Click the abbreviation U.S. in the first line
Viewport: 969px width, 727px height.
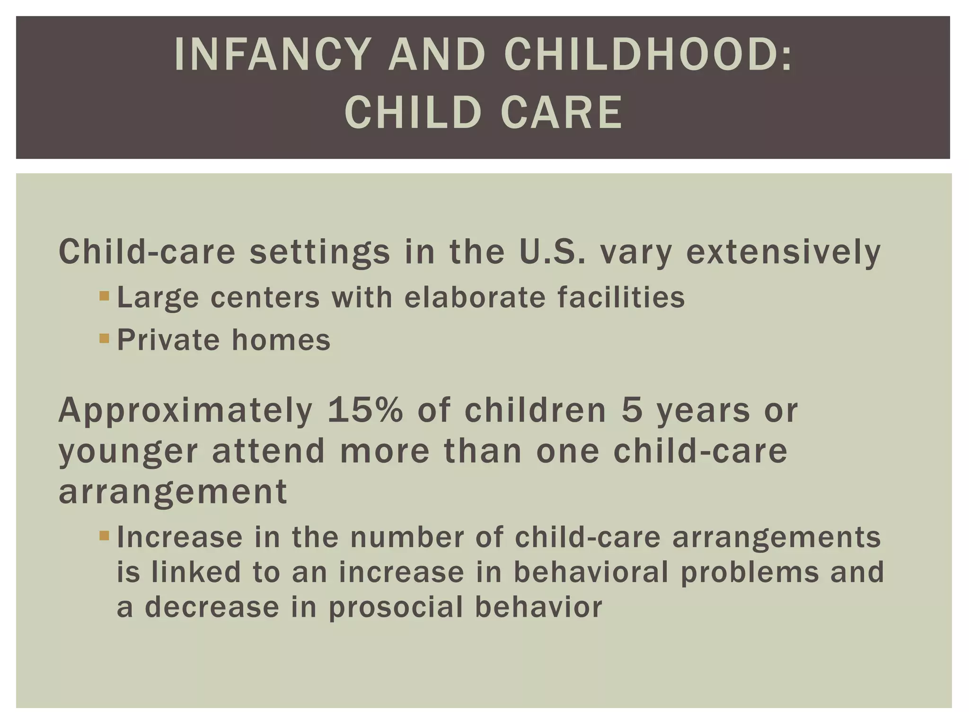(x=552, y=251)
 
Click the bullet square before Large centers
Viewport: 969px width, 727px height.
(x=104, y=297)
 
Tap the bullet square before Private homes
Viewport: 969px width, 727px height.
(x=104, y=339)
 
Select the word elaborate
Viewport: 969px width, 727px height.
(x=475, y=297)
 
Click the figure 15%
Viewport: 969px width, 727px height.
(x=364, y=410)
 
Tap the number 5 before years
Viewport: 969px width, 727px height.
(x=632, y=410)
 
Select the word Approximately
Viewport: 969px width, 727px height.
(x=185, y=411)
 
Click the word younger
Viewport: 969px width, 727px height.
(x=128, y=452)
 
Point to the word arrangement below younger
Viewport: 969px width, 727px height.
(x=173, y=492)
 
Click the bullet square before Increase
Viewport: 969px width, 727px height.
(x=104, y=536)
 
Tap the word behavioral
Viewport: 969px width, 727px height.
(x=590, y=572)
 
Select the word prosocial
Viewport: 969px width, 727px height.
(x=395, y=607)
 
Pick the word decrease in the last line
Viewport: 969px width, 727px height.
(x=212, y=607)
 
